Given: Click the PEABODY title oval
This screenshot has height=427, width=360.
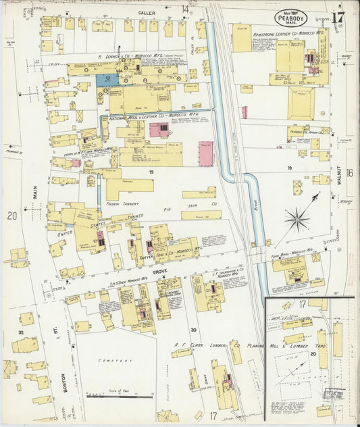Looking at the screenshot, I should tap(290, 18).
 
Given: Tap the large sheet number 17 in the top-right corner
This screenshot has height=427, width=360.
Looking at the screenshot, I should tap(338, 17).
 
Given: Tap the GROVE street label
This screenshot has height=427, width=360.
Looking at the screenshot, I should tap(159, 272).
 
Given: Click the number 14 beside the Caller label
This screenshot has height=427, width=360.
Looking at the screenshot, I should tap(185, 9).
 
